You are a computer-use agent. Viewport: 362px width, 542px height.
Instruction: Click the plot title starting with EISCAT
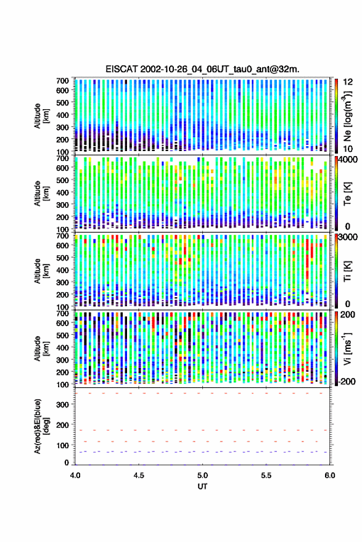(202, 69)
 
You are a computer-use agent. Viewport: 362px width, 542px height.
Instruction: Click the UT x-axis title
(202, 487)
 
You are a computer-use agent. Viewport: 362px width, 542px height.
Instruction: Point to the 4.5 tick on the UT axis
(139, 475)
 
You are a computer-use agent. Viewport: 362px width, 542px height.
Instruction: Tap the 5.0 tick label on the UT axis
(202, 475)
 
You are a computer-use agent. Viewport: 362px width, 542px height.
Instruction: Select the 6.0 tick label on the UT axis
(329, 475)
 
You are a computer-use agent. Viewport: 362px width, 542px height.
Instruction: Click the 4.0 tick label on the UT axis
(75, 475)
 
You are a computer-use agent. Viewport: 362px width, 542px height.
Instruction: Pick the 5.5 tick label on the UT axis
(266, 475)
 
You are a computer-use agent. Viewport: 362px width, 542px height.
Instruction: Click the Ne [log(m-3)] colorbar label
(347, 116)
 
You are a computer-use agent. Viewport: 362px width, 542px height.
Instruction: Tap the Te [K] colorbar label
(347, 194)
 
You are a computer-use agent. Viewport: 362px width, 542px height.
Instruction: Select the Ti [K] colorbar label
(347, 271)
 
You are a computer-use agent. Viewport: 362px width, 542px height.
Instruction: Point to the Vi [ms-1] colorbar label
(347, 348)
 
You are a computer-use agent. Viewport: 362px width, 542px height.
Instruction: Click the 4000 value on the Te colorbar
(348, 160)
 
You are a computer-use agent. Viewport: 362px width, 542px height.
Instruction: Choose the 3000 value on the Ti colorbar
(348, 237)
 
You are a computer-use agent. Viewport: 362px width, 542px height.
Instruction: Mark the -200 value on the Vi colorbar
(347, 381)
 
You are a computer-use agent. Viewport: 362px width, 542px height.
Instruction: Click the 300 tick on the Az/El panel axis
(62, 404)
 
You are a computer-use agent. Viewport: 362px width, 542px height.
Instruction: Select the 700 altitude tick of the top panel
(62, 81)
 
